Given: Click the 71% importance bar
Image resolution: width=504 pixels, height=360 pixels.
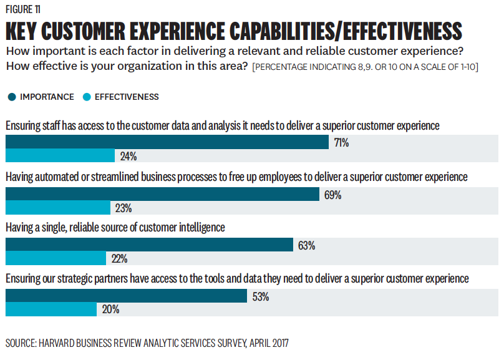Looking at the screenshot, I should pyautogui.click(x=167, y=142).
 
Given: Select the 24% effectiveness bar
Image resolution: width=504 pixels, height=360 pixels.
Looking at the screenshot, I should pyautogui.click(x=60, y=156).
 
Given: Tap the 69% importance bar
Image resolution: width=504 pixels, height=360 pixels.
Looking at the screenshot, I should pyautogui.click(x=162, y=194).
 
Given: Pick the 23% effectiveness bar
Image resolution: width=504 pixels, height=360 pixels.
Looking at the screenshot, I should pyautogui.click(x=57, y=207).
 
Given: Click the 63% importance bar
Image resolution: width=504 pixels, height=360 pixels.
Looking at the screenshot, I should pyautogui.click(x=149, y=245).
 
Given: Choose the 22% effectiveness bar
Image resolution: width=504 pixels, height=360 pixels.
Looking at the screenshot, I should pyautogui.click(x=56, y=258).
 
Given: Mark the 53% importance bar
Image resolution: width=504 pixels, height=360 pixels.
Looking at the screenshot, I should pyautogui.click(x=126, y=296).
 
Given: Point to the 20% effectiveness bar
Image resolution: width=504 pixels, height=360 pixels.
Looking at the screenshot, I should pyautogui.click(x=51, y=309).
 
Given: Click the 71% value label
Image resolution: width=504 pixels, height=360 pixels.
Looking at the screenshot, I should pyautogui.click(x=341, y=143).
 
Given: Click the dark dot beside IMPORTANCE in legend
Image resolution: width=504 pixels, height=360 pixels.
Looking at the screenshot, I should pyautogui.click(x=11, y=97).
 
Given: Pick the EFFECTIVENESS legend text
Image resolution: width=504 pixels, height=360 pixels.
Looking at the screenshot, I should pyautogui.click(x=127, y=97).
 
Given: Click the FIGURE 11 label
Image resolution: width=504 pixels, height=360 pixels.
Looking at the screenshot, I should pyautogui.click(x=24, y=9).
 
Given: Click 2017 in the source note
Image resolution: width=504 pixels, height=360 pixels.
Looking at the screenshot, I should pyautogui.click(x=279, y=343).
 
